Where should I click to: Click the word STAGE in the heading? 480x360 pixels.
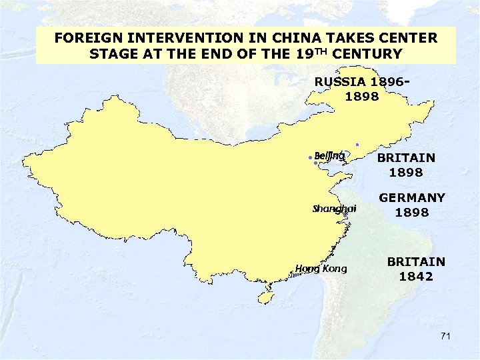[113, 53]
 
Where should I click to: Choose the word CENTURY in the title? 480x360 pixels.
[370, 53]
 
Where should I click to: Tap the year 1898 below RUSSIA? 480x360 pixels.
[362, 97]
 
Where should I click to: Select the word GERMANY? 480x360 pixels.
[412, 198]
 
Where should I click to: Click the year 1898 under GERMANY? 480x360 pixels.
[411, 213]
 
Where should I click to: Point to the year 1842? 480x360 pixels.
[416, 276]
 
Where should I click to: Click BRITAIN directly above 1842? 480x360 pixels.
[416, 262]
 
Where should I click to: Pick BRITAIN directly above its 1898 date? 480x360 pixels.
[406, 158]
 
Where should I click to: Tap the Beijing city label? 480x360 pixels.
[329, 156]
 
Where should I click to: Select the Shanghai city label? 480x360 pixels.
[335, 209]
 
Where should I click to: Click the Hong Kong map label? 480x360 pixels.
[321, 269]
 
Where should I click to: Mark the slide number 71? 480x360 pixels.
[445, 337]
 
